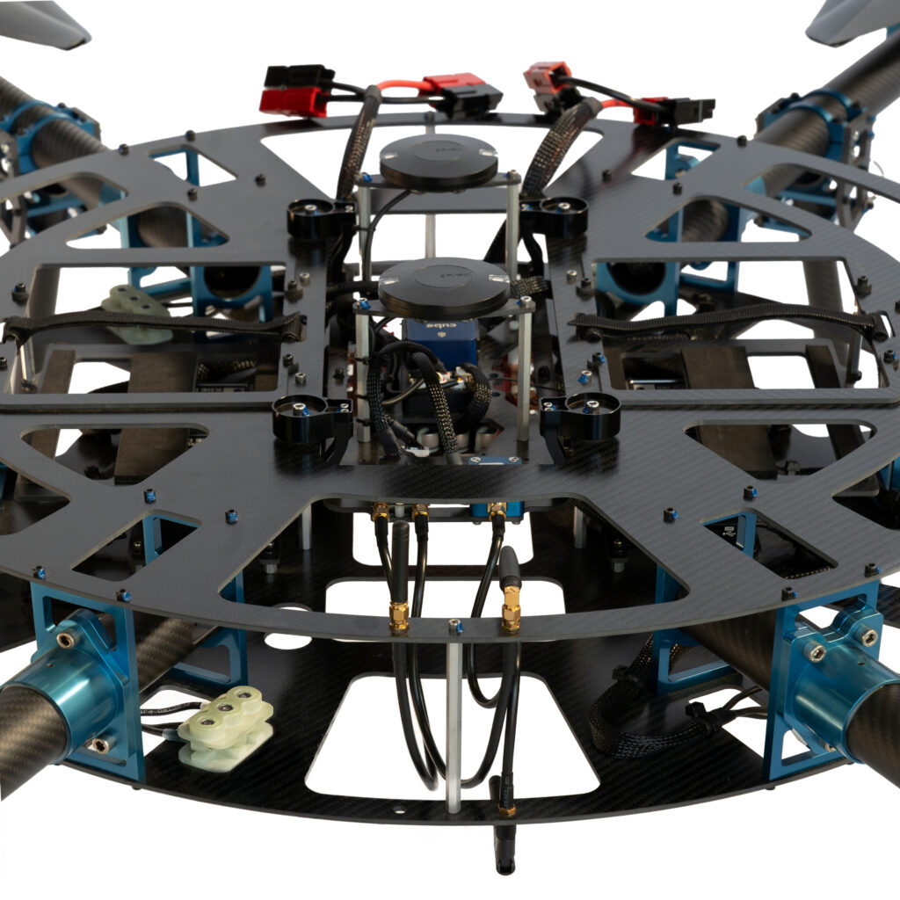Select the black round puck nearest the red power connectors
tap(439, 161)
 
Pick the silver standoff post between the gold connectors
tap(454, 721)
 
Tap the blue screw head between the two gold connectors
tap(454, 628)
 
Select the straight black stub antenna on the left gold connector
tap(400, 562)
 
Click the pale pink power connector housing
tap(546, 76)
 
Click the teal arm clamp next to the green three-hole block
tap(83, 686)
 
